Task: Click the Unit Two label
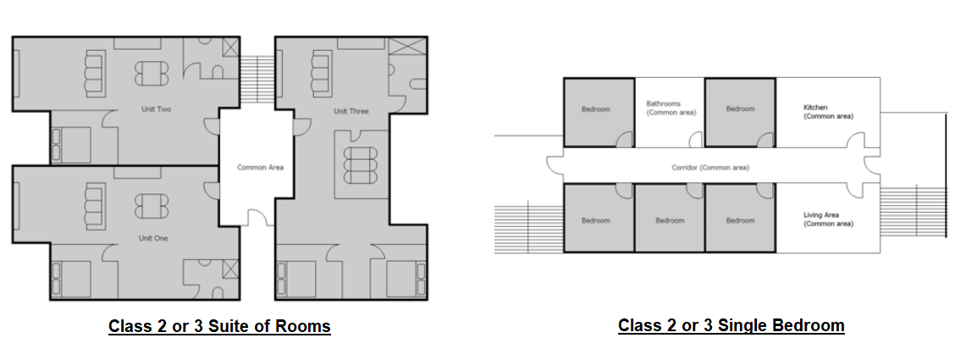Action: [x=156, y=109]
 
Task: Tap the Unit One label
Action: [x=153, y=238]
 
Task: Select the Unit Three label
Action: [x=351, y=111]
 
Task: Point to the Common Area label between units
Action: [x=260, y=168]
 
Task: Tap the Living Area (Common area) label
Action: [x=828, y=219]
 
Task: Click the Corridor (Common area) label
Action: [x=710, y=168]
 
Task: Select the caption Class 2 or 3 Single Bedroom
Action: [x=731, y=325]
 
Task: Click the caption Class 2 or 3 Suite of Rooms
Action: [x=219, y=326]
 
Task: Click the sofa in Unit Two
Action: [x=95, y=74]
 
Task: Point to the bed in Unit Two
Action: [x=71, y=145]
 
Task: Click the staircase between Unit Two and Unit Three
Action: [x=258, y=79]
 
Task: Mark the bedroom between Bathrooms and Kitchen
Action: [x=740, y=112]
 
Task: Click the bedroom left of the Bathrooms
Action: [x=599, y=112]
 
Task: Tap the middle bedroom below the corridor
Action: [x=670, y=218]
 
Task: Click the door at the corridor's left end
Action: [x=555, y=165]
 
